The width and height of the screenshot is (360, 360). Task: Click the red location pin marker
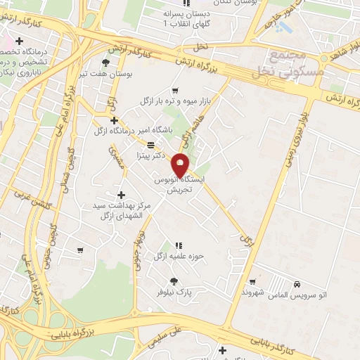tap(181, 165)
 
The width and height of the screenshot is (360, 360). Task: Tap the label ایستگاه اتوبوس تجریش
tap(181, 185)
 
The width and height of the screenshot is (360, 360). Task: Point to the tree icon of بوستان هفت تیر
tap(106, 63)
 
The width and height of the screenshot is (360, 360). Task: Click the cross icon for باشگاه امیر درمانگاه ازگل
tap(114, 121)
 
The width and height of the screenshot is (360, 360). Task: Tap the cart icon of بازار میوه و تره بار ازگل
tap(175, 91)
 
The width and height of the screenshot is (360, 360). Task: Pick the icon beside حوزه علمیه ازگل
tap(179, 245)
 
